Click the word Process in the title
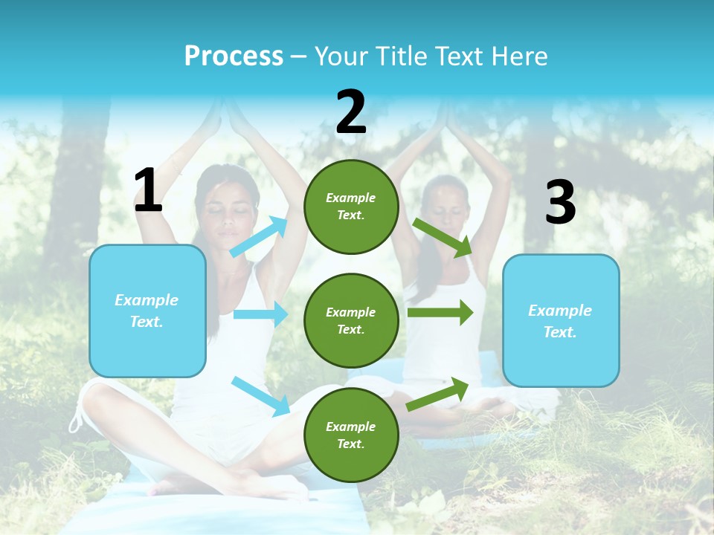click(234, 56)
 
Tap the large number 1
click(148, 191)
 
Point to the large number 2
click(351, 112)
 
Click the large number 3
click(560, 203)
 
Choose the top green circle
click(351, 207)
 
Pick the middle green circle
click(351, 320)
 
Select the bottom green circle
click(351, 435)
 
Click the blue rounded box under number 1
click(147, 311)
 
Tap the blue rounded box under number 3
click(561, 321)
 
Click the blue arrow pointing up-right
click(260, 237)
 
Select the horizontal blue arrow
click(260, 314)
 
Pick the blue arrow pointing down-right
click(261, 396)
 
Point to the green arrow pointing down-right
click(443, 238)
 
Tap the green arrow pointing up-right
click(437, 394)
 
